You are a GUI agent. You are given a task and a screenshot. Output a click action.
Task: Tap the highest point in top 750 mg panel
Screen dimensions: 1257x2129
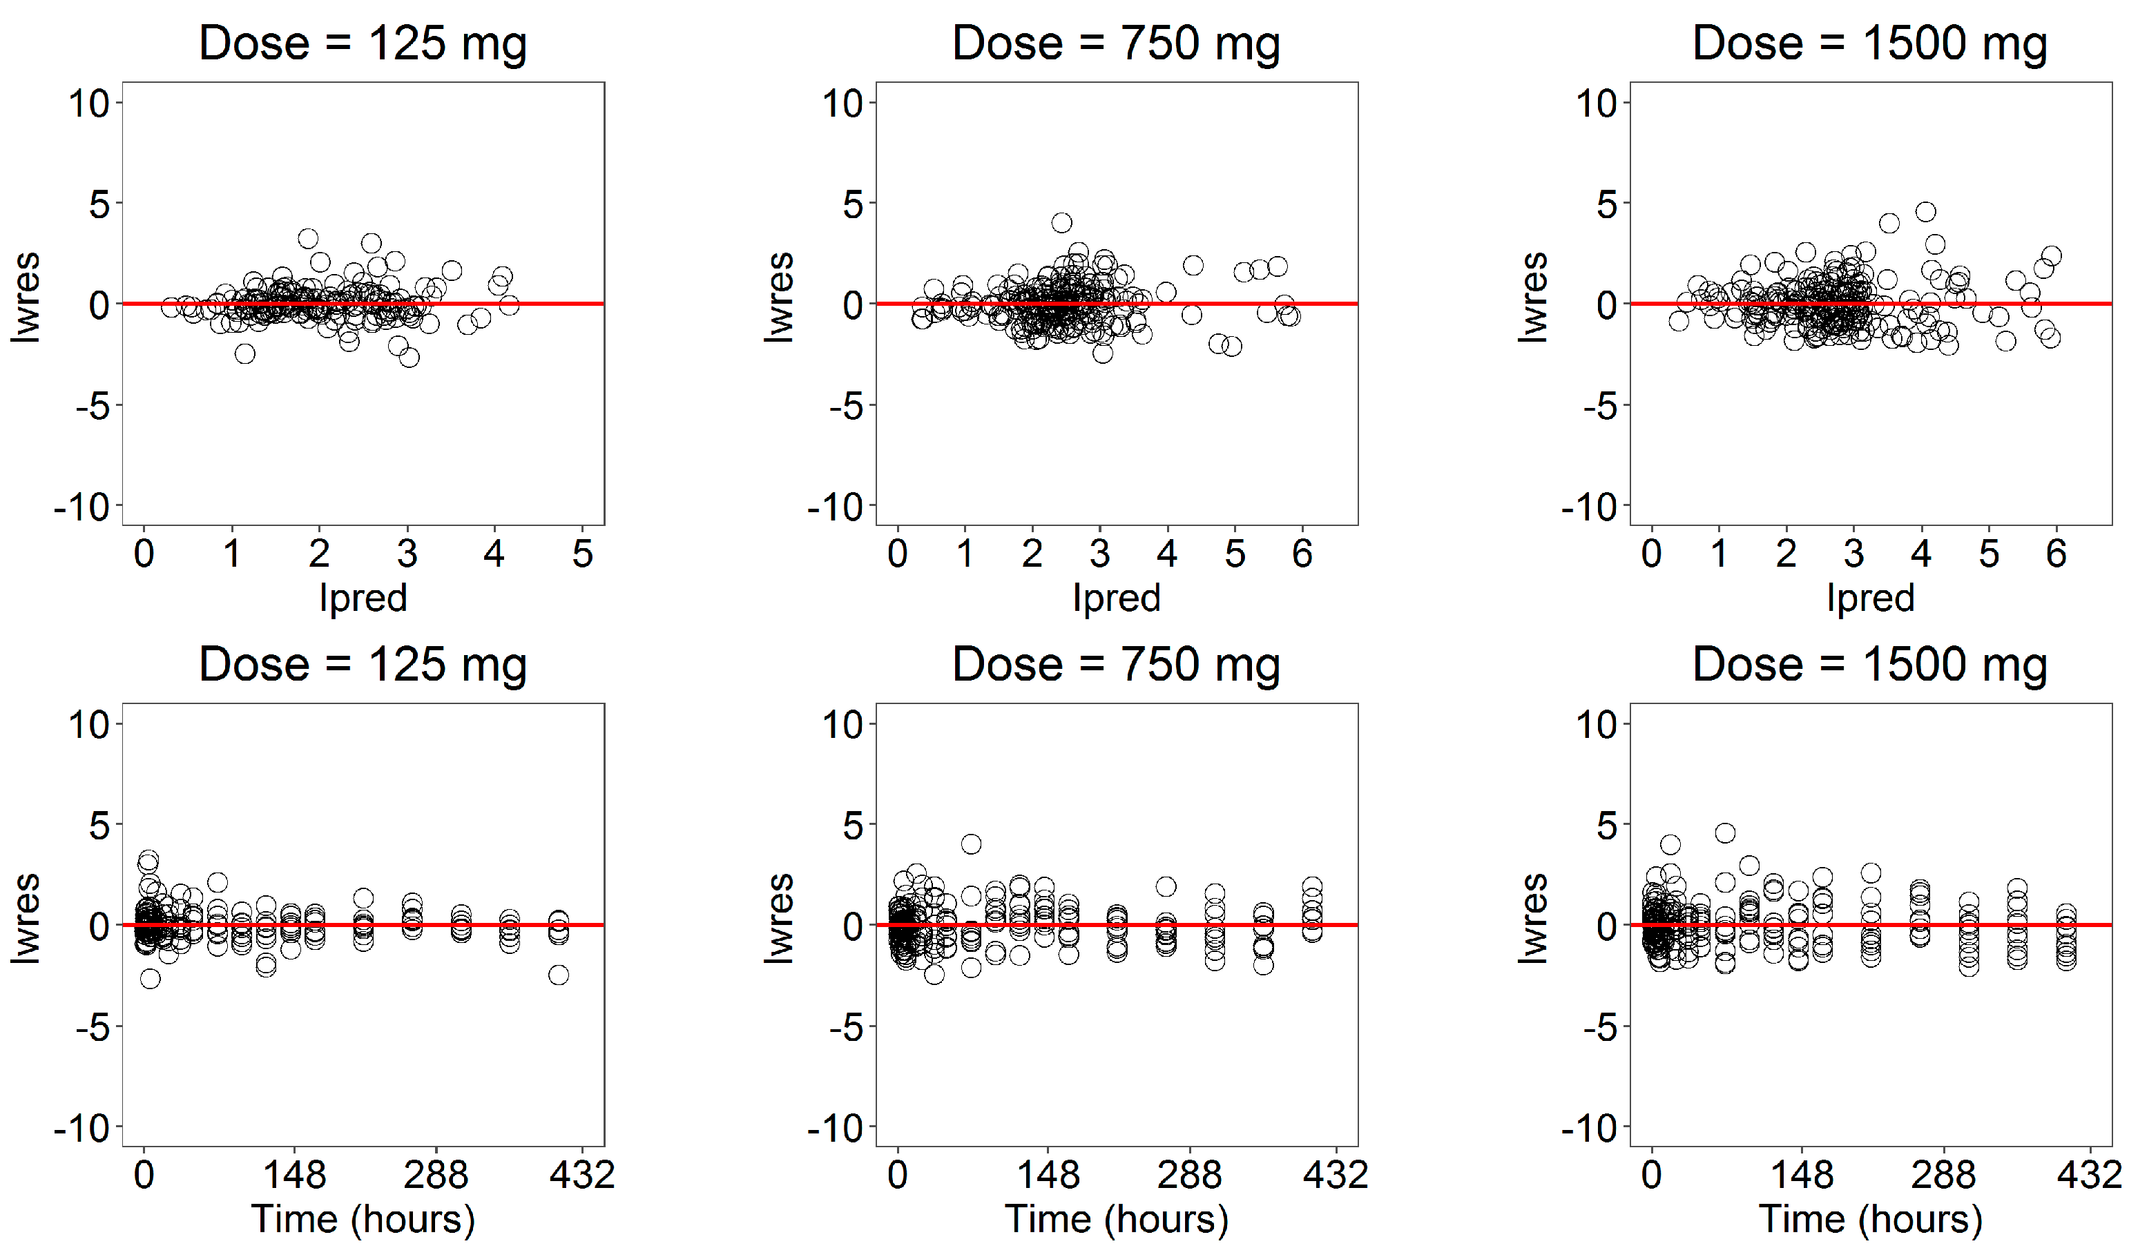tap(1061, 223)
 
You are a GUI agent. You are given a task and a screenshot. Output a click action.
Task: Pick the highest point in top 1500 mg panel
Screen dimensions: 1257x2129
tap(1926, 212)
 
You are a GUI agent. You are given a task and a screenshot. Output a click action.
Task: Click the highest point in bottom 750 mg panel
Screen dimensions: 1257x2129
tap(971, 844)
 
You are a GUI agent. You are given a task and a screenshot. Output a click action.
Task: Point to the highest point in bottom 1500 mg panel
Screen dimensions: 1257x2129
tap(1725, 832)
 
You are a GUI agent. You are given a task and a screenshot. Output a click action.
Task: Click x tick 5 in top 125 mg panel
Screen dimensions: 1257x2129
tap(582, 554)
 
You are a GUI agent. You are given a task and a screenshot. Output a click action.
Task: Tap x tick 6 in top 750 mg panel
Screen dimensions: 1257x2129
tap(1302, 554)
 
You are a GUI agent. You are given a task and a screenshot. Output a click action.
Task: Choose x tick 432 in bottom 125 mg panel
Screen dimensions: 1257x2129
tap(581, 1175)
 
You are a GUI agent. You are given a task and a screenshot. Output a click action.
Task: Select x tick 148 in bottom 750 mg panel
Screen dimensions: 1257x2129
tap(1048, 1175)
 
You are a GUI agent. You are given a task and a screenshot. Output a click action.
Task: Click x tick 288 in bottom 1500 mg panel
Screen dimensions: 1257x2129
tap(1943, 1175)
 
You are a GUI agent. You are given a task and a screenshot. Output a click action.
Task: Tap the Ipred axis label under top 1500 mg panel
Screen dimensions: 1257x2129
tap(1870, 598)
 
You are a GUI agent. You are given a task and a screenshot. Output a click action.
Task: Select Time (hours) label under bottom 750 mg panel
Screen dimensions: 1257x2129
tap(1116, 1219)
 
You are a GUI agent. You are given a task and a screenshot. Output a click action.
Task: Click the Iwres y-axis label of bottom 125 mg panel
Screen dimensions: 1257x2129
tap(26, 919)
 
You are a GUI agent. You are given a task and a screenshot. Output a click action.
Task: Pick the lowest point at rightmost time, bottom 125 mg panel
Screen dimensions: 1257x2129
tap(558, 975)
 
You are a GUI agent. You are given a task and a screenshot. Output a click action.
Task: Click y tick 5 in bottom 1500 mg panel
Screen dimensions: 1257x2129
tap(1606, 825)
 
